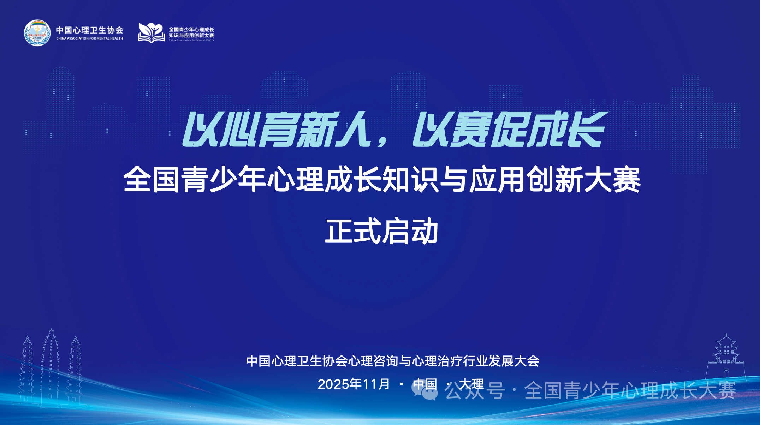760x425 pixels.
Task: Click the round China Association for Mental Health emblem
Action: pyautogui.click(x=37, y=32)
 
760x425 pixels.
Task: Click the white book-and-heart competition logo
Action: pyautogui.click(x=151, y=32)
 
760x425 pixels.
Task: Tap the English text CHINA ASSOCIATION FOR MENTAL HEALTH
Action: pyautogui.click(x=90, y=38)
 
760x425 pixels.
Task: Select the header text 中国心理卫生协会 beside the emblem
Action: pyautogui.click(x=90, y=30)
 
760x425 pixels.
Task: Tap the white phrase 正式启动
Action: pyautogui.click(x=382, y=231)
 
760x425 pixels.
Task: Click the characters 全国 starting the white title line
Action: pyautogui.click(x=152, y=180)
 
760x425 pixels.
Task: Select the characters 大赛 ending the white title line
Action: pyautogui.click(x=612, y=180)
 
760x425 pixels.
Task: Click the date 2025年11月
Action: pyautogui.click(x=354, y=384)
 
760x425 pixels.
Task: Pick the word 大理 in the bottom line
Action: pyautogui.click(x=471, y=384)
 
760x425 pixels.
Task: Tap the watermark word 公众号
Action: pyautogui.click(x=475, y=390)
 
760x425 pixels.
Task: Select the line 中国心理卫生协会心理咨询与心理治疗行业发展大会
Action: pyautogui.click(x=393, y=361)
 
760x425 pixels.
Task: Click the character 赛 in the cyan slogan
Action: pyautogui.click(x=471, y=129)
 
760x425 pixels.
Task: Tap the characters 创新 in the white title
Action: pyautogui.click(x=555, y=180)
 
